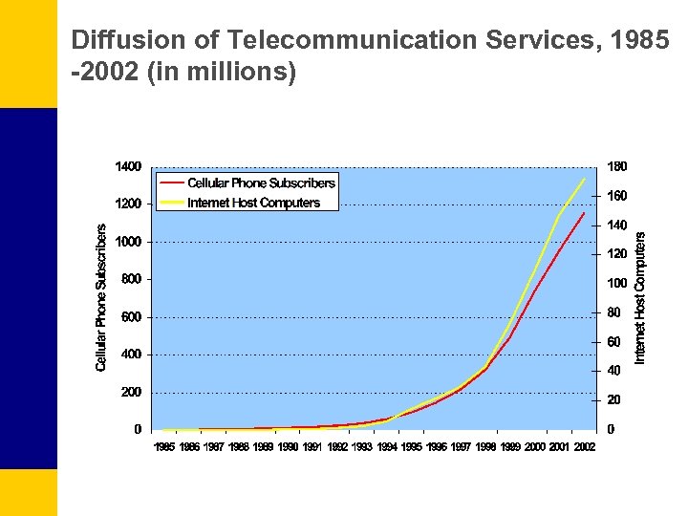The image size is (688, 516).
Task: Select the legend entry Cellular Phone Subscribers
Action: [261, 183]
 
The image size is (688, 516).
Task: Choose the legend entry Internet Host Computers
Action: [253, 203]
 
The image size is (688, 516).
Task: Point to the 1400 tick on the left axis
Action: [128, 167]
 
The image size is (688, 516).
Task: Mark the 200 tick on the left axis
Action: [132, 392]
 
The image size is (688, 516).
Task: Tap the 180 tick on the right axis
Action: [617, 167]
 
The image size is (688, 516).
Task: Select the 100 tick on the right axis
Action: [617, 284]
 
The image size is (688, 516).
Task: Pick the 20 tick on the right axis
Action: [614, 400]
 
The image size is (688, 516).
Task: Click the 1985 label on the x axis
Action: [165, 447]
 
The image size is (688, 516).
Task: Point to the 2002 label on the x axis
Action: [584, 447]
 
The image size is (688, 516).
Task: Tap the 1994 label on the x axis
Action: [387, 447]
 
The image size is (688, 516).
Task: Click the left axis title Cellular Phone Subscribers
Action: [101, 298]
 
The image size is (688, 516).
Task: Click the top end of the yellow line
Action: [584, 179]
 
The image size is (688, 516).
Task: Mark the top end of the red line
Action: [584, 213]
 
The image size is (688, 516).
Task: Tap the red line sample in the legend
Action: [172, 183]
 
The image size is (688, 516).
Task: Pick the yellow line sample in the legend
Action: [172, 203]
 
